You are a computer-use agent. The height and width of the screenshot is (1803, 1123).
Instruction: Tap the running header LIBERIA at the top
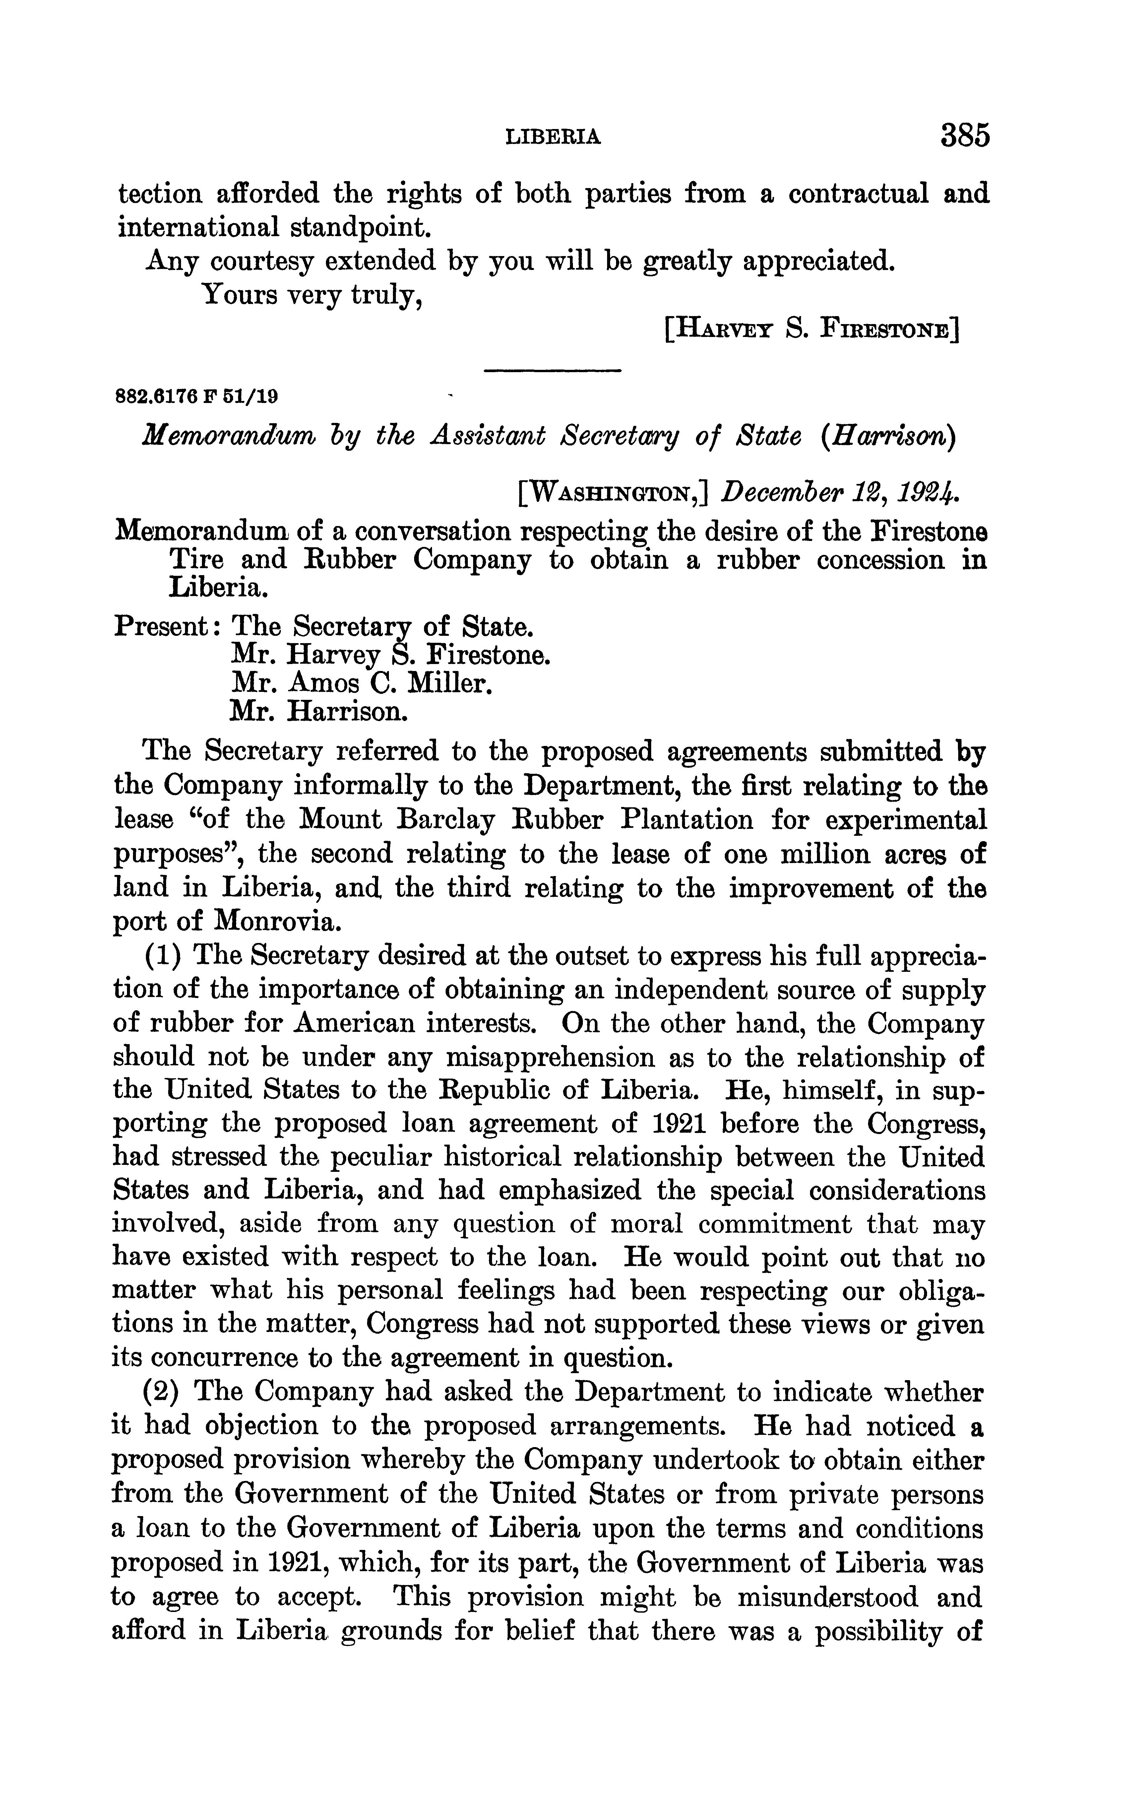coord(553,137)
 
